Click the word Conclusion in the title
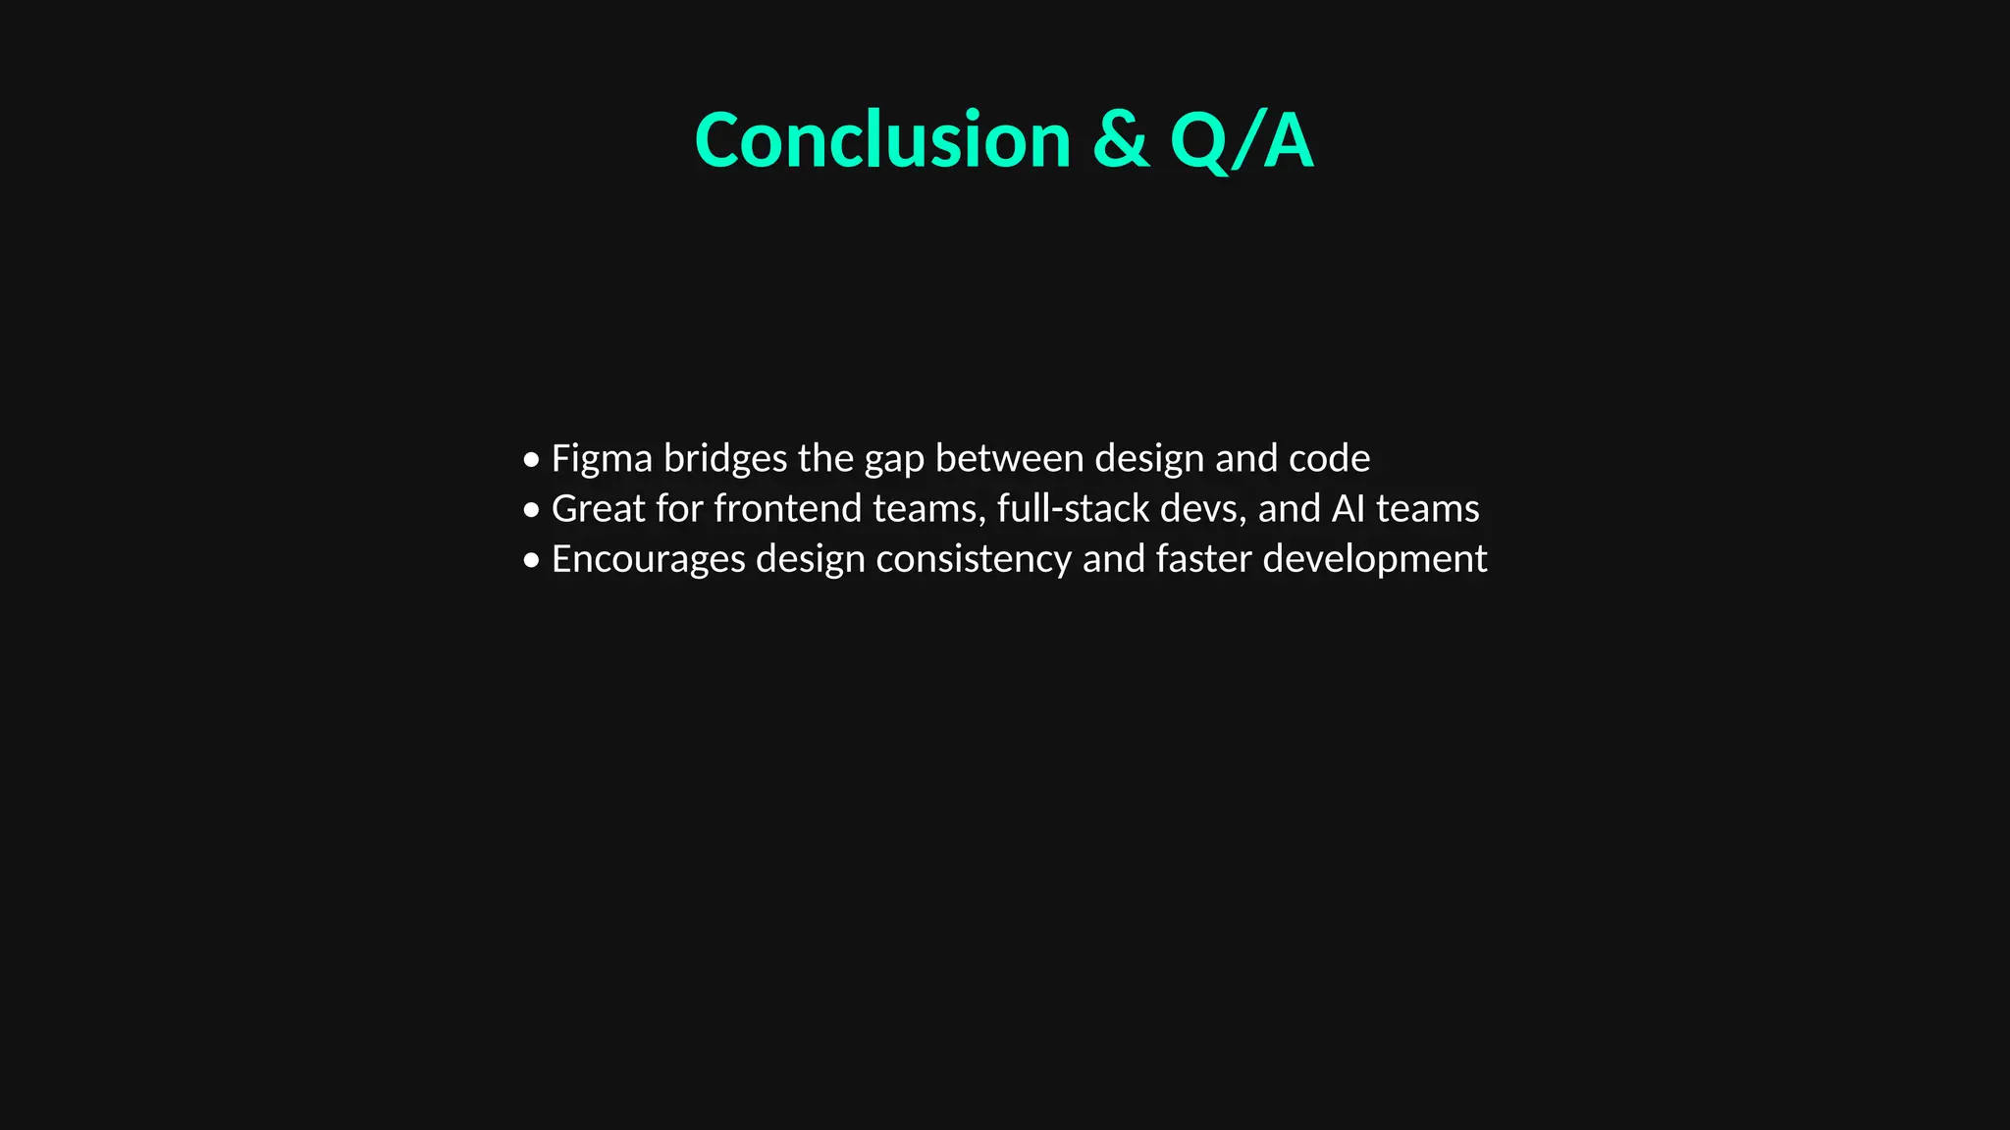(881, 140)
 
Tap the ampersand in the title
(1120, 140)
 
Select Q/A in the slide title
(1241, 140)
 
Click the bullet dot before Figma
(531, 459)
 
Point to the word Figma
(602, 459)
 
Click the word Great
(598, 509)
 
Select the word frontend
(788, 509)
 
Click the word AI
(1348, 509)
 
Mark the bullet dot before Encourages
(531, 560)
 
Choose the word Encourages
(649, 560)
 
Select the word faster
(1203, 559)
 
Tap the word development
(1374, 560)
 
